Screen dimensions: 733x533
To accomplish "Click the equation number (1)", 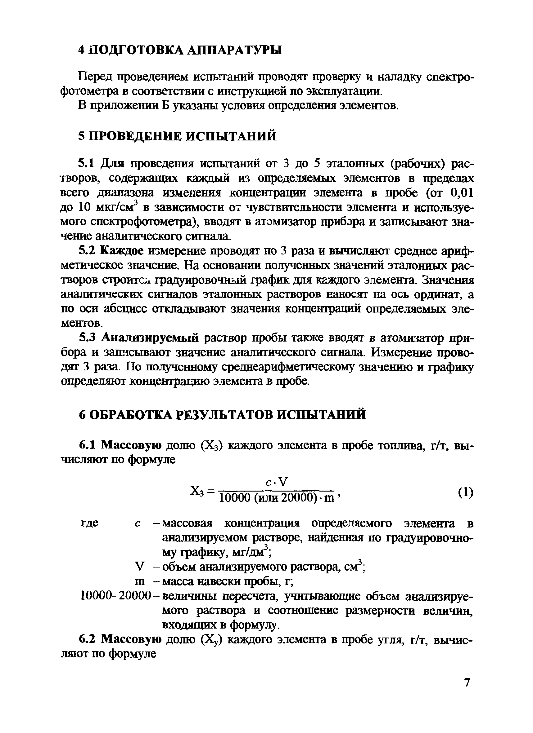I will point(465,492).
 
